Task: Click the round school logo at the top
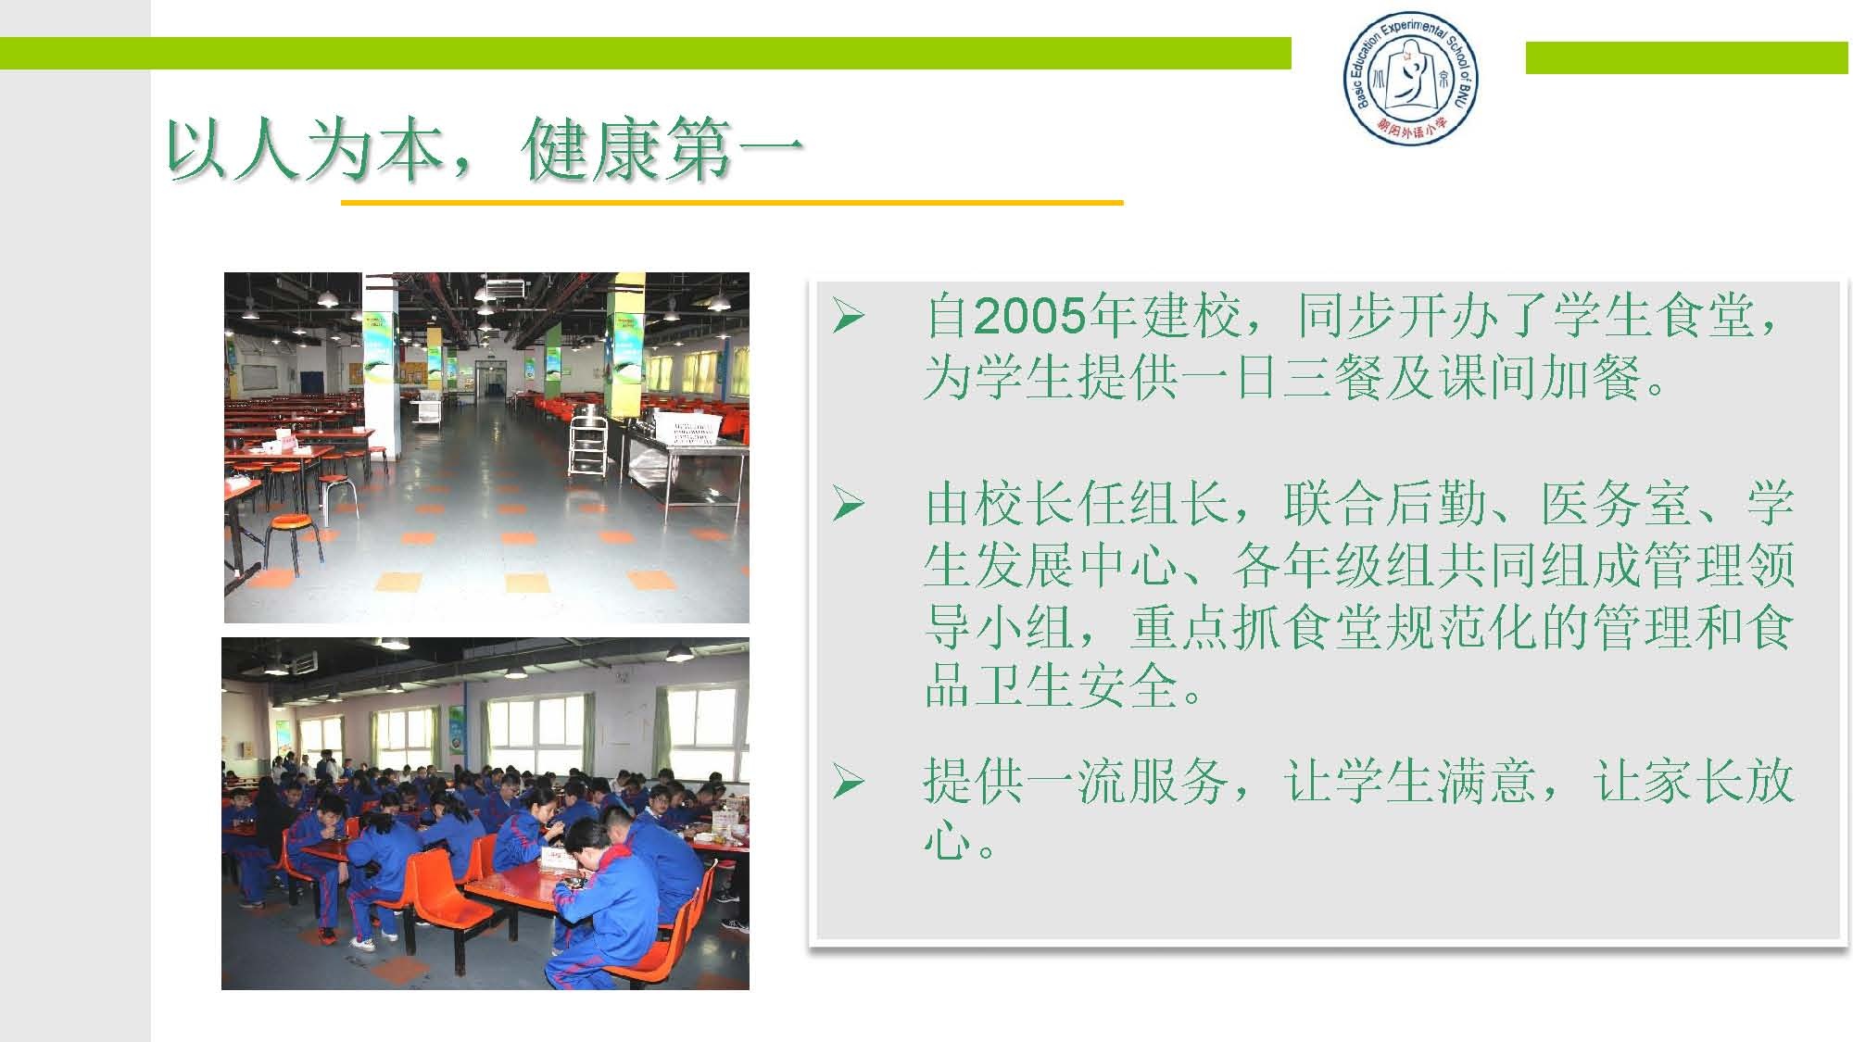pyautogui.click(x=1410, y=79)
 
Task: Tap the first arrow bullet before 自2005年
pyautogui.click(x=848, y=317)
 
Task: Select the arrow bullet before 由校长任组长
pyautogui.click(x=848, y=505)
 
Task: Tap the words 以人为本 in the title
pyautogui.click(x=306, y=150)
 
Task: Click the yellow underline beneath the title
pyautogui.click(x=732, y=202)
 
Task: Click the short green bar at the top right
pyautogui.click(x=1686, y=57)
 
